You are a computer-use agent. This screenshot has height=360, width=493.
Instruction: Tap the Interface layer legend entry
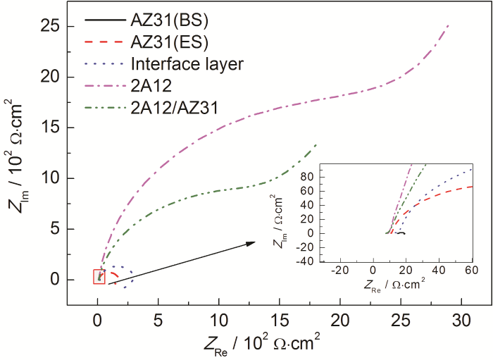tap(186, 63)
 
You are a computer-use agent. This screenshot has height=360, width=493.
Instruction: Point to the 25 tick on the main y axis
tap(54, 27)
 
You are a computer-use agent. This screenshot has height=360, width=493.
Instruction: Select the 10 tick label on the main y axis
tap(54, 179)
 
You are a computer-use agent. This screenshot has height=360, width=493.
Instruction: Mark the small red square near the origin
tap(99, 276)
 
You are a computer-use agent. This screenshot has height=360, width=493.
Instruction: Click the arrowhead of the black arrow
tap(251, 243)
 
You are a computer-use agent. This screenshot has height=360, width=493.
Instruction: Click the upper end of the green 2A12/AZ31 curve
tap(316, 144)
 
